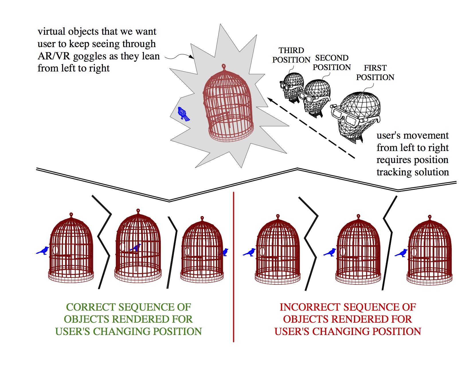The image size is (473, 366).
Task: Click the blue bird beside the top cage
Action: (183, 114)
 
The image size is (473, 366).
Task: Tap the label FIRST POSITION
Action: (375, 73)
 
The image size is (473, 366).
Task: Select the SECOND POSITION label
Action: (332, 63)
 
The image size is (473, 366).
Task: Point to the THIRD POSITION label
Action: (291, 55)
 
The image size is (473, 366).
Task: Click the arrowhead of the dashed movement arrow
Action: (270, 99)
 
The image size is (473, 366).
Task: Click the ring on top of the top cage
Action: (224, 66)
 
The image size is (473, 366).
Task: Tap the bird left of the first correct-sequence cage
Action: (43, 251)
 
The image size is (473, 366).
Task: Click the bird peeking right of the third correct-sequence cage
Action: (224, 252)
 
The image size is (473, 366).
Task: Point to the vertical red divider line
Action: (234, 267)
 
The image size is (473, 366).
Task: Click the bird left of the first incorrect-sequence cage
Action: (249, 252)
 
